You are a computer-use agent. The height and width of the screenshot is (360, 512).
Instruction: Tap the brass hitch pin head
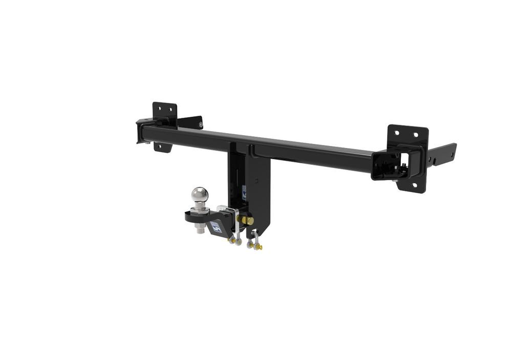pos(249,220)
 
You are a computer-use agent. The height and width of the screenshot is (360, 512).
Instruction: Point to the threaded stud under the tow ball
pos(199,230)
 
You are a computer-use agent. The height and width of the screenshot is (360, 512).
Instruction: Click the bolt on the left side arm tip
pos(201,123)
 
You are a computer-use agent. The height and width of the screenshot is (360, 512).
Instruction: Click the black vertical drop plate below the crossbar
pos(259,195)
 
